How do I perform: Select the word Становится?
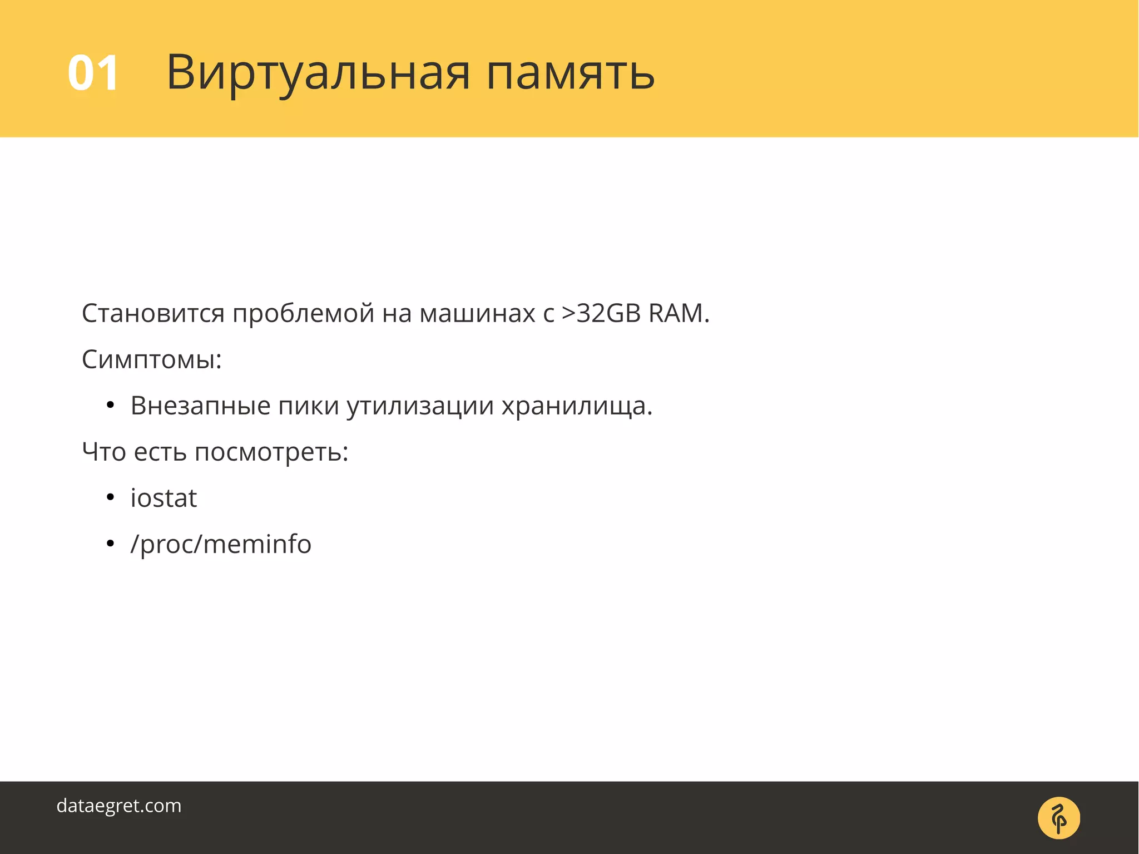click(x=153, y=313)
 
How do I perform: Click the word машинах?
click(x=477, y=314)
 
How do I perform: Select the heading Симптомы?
click(x=152, y=359)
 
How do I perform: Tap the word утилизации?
click(x=420, y=406)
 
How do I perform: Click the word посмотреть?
click(x=271, y=452)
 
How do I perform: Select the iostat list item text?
click(x=164, y=498)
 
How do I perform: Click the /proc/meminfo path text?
click(x=221, y=544)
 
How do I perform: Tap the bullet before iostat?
click(x=110, y=497)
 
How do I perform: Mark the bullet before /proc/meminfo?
click(x=110, y=544)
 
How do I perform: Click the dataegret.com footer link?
click(x=119, y=806)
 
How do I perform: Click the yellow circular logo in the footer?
click(x=1058, y=818)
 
